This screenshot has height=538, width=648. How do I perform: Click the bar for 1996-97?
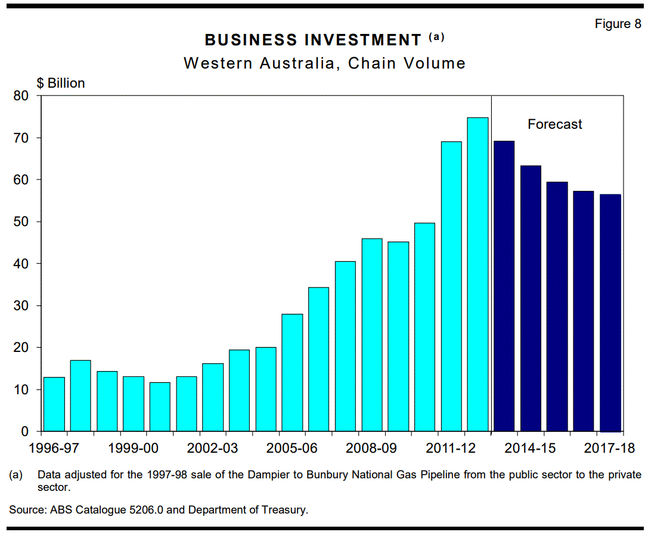point(54,404)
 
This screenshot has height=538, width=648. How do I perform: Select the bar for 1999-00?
point(133,404)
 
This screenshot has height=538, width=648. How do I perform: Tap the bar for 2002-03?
point(213,397)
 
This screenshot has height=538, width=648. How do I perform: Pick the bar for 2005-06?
point(292,373)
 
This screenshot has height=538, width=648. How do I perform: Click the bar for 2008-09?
point(372,335)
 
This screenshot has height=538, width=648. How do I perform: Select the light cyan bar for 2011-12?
point(451,286)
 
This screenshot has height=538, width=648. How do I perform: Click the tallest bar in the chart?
point(478,274)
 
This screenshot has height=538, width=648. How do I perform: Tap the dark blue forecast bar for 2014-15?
point(531,298)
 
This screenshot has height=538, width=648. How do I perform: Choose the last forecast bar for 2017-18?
point(610,313)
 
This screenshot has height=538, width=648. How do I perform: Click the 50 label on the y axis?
point(21,222)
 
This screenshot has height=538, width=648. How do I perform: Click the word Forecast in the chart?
point(554,125)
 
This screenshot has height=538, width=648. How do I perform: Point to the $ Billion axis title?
point(61,83)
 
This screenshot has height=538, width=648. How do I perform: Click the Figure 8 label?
point(618,24)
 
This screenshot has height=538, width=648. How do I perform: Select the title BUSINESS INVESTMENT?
point(313,40)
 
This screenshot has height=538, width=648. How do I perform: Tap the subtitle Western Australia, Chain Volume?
point(324,63)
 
